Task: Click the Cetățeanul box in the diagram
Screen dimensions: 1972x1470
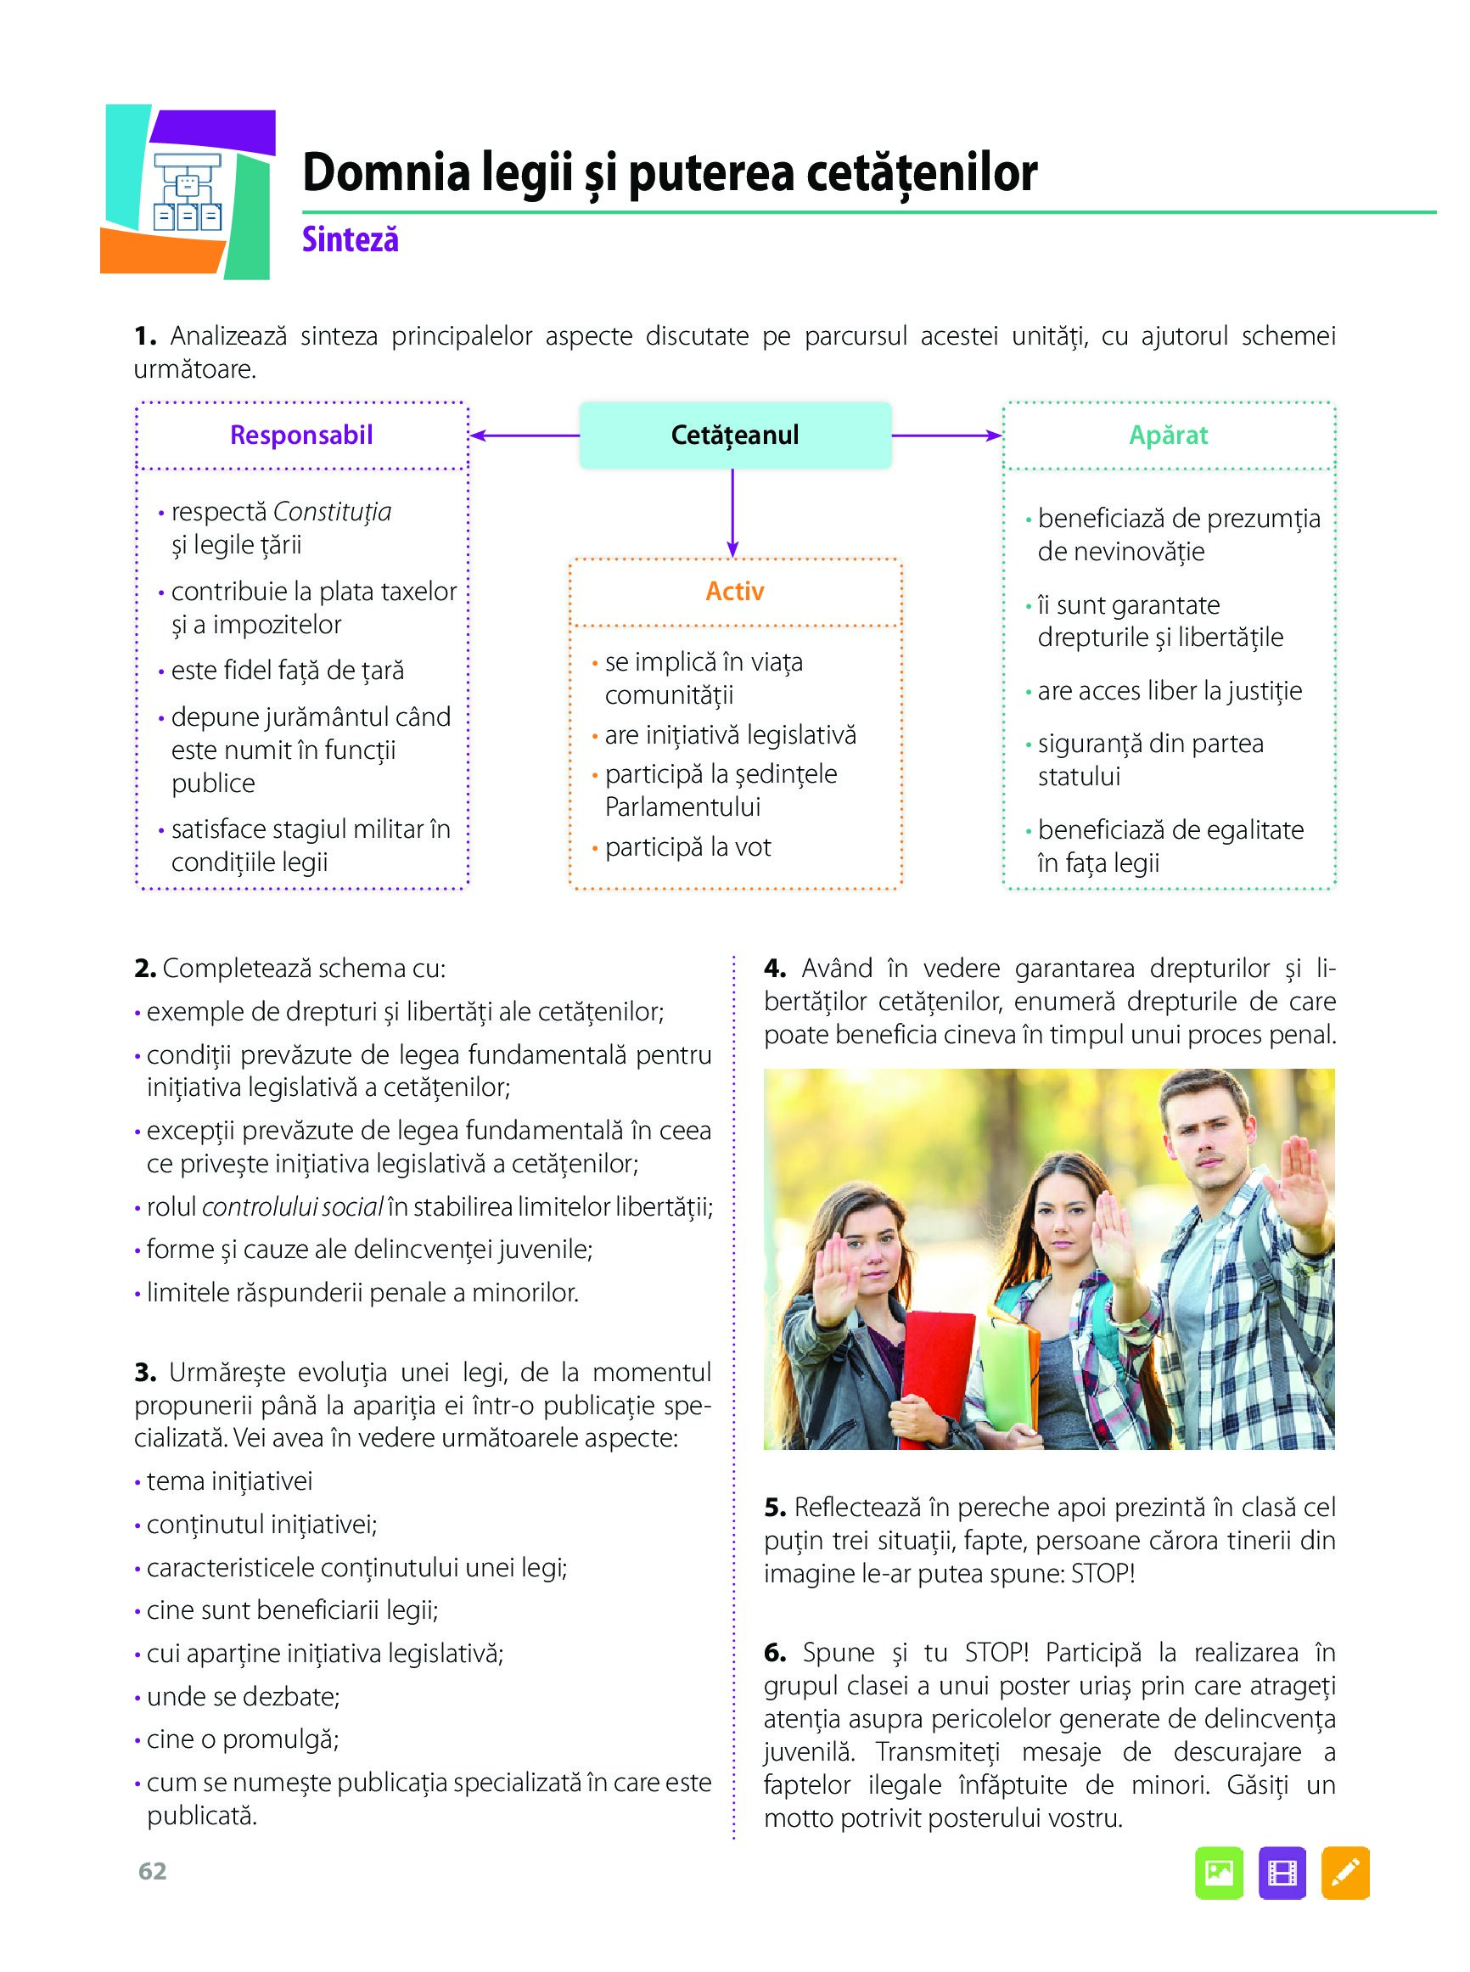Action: coord(735,435)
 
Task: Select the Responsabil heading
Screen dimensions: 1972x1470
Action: coord(300,435)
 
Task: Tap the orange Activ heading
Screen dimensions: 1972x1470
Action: coord(734,591)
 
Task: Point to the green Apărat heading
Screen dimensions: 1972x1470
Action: coord(1169,435)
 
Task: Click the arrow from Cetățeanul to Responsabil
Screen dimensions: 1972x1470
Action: coord(525,435)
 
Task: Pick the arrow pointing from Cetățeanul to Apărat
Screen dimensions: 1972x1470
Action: coord(947,435)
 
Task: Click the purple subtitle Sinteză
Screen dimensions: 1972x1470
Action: coord(350,239)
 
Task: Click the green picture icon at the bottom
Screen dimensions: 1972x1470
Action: coord(1218,1874)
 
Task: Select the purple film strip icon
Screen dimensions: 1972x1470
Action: coord(1282,1874)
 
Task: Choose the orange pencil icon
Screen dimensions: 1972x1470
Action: coord(1345,1874)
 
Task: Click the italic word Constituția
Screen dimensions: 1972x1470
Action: coord(332,512)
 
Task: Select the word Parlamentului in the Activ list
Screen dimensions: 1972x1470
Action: coord(682,807)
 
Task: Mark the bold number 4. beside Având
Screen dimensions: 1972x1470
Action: coord(774,969)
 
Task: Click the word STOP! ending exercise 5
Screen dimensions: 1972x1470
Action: coord(1102,1573)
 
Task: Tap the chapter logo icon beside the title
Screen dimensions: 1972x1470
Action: coord(187,191)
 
